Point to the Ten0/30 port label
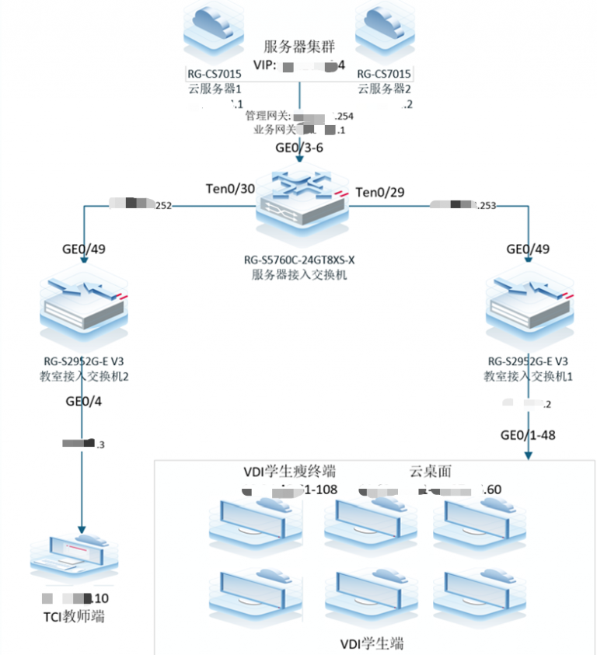tap(230, 190)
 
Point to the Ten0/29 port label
tap(380, 191)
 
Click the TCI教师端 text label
tap(75, 617)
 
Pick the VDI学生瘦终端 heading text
tap(290, 471)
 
